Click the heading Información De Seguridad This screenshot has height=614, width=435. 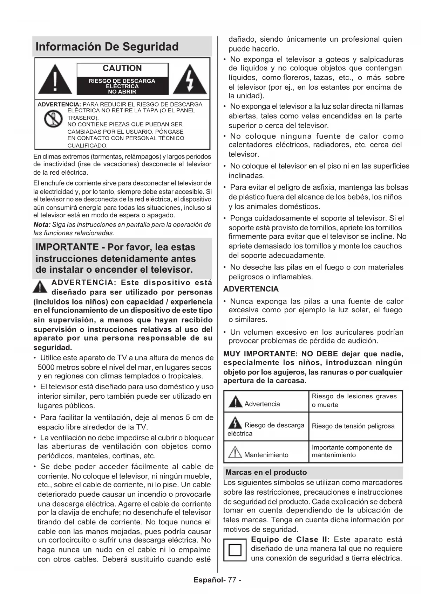coord(107,47)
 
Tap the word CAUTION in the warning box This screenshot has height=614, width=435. coord(122,68)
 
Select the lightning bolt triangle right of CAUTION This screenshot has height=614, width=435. coord(190,80)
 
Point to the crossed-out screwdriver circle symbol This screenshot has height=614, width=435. coord(53,119)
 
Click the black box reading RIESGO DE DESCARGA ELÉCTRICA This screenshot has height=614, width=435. coord(122,86)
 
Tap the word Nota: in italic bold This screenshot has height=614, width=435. coord(42,225)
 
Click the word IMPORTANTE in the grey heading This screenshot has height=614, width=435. coord(67,247)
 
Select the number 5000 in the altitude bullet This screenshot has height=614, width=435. coord(46,368)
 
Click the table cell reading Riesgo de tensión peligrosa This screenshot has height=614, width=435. coord(353,426)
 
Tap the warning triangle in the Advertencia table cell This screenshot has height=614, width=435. coord(235,402)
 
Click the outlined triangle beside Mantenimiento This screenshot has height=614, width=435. coord(235,453)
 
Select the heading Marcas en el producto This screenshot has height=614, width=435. coord(266,472)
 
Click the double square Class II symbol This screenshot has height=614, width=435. coord(235,550)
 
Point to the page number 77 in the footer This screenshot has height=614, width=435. coord(232,580)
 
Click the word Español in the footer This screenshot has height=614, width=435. coord(208,580)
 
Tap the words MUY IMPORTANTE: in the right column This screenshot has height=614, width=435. coord(260,354)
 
